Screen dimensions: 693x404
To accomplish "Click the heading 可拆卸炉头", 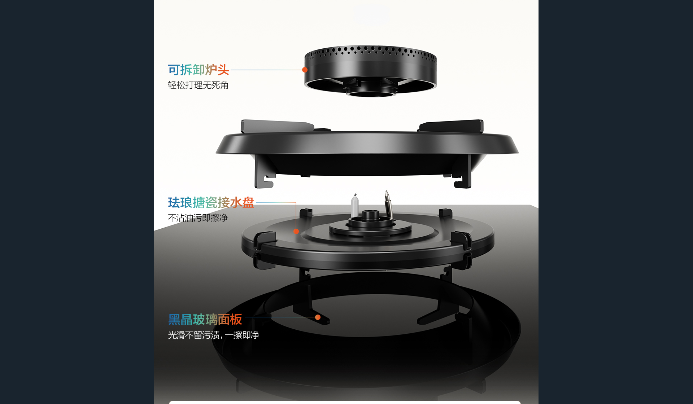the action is click(199, 70).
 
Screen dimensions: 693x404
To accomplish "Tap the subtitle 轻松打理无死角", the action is click(198, 85).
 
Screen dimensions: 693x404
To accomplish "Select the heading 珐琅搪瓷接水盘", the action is click(211, 202).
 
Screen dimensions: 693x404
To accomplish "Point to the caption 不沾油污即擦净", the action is click(198, 218).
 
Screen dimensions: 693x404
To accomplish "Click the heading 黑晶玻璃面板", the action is click(205, 319).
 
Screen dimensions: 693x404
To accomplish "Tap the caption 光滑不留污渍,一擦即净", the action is click(213, 335).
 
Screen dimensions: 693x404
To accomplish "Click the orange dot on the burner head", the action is click(305, 70).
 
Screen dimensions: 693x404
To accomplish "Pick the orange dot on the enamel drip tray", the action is click(296, 231).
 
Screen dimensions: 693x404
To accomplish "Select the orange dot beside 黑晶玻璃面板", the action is click(318, 317).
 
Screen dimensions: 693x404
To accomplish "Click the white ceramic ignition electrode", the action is click(355, 206).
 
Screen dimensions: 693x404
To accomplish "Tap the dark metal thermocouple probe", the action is click(388, 204).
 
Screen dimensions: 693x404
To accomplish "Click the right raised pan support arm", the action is click(451, 126).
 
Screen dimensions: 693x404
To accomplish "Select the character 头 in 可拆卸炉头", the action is click(223, 70).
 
